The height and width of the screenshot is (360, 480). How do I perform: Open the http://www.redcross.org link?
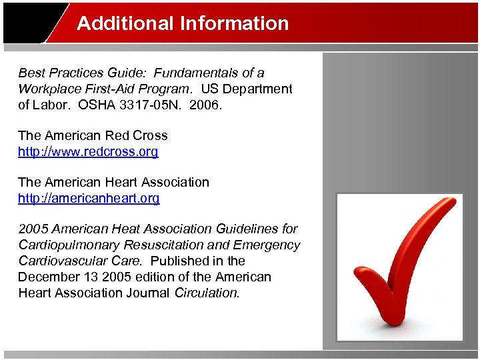(88, 151)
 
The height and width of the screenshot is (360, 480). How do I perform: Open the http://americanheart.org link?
(89, 198)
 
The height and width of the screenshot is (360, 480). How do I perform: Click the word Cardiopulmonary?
(65, 245)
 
